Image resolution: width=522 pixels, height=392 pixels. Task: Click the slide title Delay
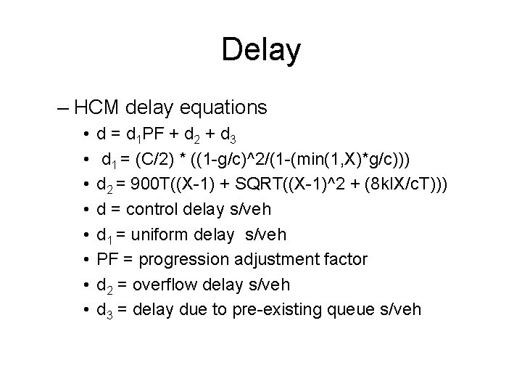[x=261, y=50]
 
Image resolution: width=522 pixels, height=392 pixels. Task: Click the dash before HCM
[x=62, y=108]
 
